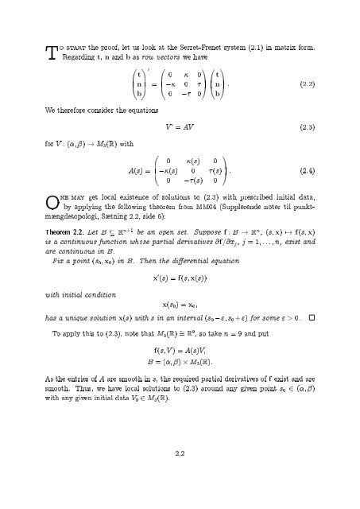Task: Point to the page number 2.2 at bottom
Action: [180, 453]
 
